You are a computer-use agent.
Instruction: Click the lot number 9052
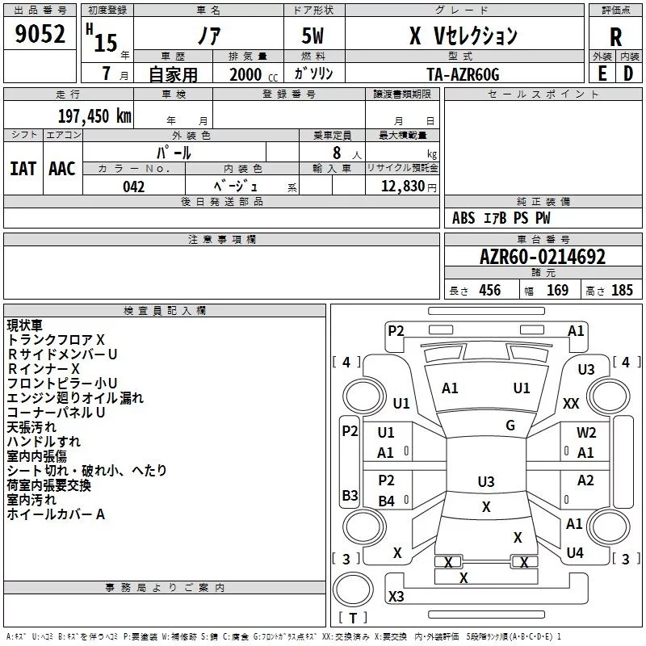point(40,33)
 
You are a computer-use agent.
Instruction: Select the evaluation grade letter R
point(615,36)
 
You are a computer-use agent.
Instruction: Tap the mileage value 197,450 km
point(94,116)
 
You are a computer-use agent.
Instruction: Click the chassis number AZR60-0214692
point(543,257)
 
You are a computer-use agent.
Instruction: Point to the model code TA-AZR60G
point(463,74)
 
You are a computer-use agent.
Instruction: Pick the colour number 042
point(133,187)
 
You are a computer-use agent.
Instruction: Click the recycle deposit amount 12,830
point(402,187)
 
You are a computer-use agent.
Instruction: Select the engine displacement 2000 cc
point(254,74)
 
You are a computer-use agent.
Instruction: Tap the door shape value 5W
point(313,36)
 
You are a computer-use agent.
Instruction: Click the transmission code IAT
point(23,169)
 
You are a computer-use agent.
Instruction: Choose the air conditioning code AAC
point(62,169)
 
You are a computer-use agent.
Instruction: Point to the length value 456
point(489,290)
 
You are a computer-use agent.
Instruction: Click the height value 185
point(622,290)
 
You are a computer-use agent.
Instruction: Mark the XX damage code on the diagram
point(571,403)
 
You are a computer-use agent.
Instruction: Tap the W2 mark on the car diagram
point(586,432)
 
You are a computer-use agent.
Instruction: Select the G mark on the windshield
point(510,425)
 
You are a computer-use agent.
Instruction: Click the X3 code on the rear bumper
point(396,596)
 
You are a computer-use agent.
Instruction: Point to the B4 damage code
point(386,501)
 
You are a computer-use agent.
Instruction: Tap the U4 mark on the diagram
point(575,552)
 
